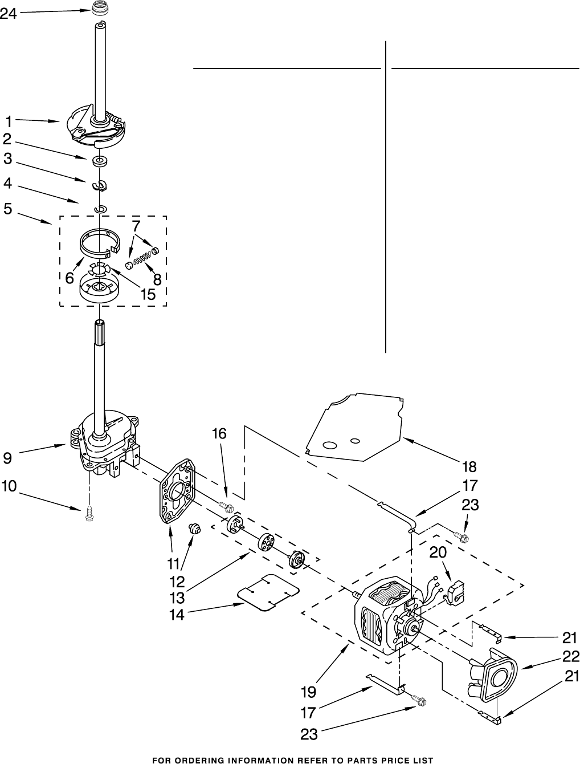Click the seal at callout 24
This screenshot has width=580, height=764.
(100, 10)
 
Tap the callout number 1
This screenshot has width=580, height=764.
(9, 121)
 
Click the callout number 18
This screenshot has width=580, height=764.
(469, 467)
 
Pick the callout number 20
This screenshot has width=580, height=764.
(438, 552)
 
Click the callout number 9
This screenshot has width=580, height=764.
(7, 457)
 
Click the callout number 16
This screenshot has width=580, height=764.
(219, 434)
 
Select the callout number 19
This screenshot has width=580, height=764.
(309, 692)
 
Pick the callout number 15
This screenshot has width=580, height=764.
(148, 294)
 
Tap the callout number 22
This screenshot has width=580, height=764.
(571, 656)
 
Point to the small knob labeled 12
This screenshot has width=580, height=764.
(195, 529)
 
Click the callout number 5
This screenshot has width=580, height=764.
(7, 209)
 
